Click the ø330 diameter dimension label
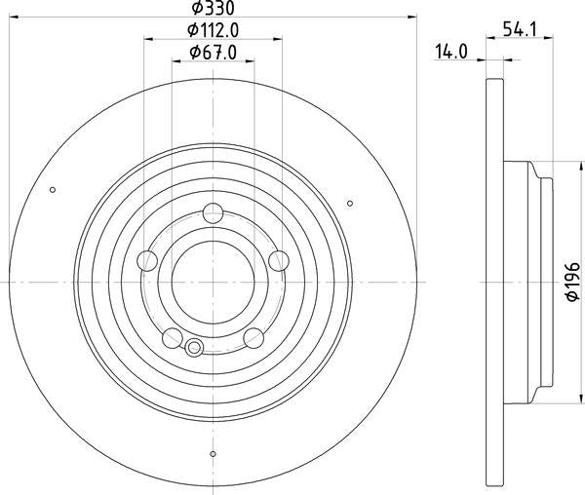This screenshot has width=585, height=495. [213, 10]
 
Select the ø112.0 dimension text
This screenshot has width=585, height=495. [213, 30]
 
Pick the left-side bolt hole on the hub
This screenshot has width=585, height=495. [148, 260]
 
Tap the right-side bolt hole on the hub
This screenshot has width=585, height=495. [278, 260]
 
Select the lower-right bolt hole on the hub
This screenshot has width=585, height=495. [253, 337]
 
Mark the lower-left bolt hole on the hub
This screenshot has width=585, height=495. [173, 337]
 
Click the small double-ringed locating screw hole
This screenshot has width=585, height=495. [193, 348]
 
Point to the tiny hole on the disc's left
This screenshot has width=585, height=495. [53, 189]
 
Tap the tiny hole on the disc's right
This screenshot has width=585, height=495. [350, 203]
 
